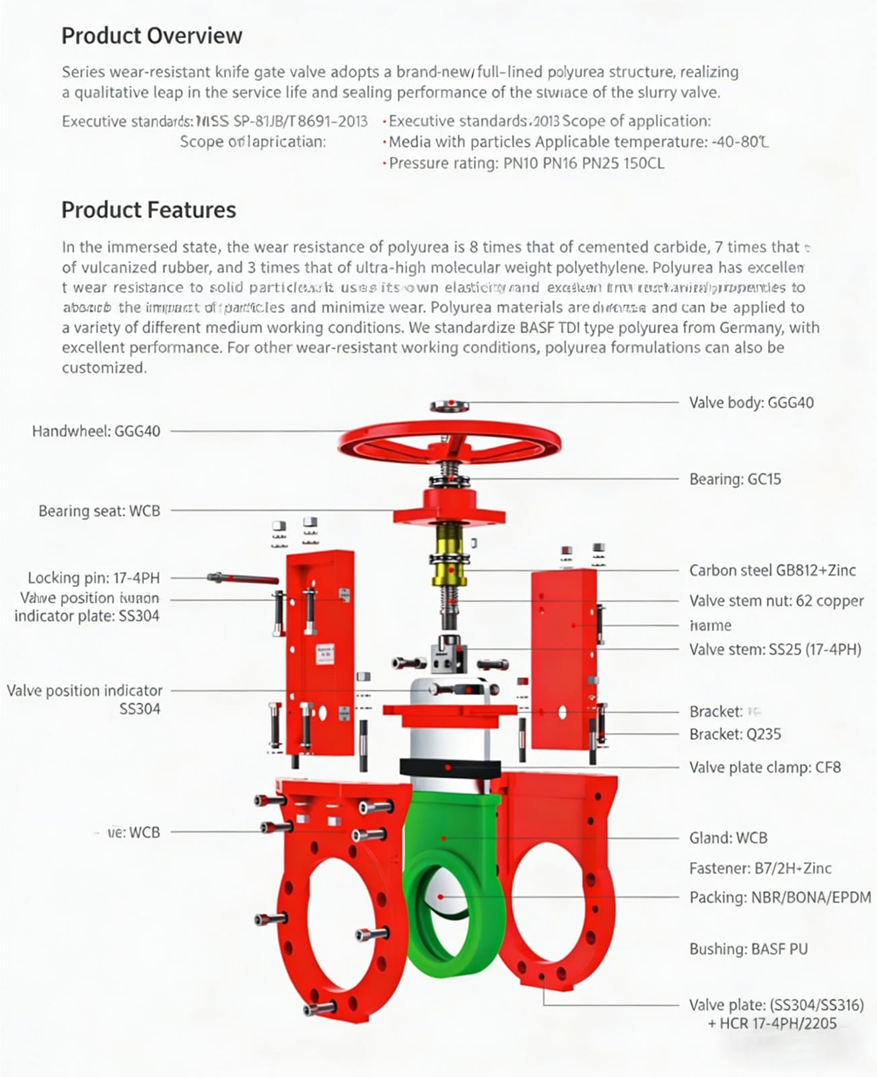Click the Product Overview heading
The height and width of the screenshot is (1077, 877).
[x=151, y=36]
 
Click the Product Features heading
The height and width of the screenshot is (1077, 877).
[x=149, y=210]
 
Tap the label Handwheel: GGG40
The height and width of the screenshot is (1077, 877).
[x=96, y=431]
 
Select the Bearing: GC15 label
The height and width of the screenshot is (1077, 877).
[x=735, y=479]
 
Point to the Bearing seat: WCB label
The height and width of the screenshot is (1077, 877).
[x=99, y=511]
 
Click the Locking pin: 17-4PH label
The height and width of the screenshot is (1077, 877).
[x=94, y=578]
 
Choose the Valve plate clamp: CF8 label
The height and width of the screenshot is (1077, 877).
[x=765, y=767]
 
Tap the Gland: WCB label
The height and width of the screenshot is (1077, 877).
[x=728, y=838]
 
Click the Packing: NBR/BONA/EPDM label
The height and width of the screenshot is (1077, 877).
[x=779, y=897]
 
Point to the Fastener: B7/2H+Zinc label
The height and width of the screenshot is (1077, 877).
[x=760, y=868]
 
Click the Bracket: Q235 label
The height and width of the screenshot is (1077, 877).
[x=735, y=734]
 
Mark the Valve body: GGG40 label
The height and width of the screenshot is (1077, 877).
[x=751, y=403]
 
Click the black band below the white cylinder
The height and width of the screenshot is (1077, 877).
[x=450, y=767]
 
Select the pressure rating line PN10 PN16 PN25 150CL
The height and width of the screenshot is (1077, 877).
[x=526, y=163]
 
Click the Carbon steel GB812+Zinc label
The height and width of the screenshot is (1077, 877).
[x=772, y=570]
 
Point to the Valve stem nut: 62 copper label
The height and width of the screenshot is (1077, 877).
[x=776, y=600]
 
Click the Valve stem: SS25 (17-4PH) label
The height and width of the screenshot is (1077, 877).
[x=775, y=650]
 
